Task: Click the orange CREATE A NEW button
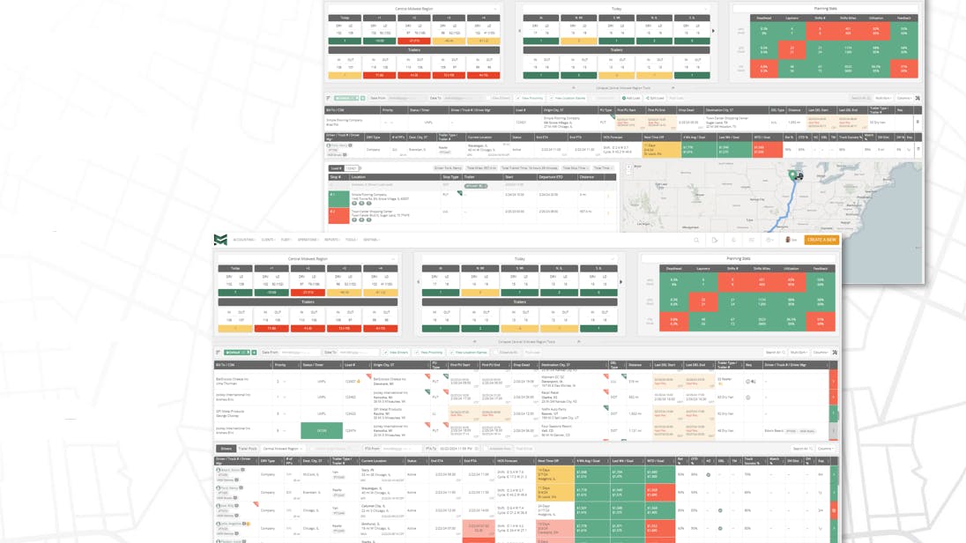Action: (x=821, y=240)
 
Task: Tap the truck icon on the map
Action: (x=799, y=176)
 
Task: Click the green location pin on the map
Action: (x=792, y=175)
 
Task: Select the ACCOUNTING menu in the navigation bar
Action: (x=244, y=240)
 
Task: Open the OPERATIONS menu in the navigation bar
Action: (x=308, y=240)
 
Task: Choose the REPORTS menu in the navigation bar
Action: (x=331, y=240)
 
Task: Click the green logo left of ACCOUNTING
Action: (x=220, y=240)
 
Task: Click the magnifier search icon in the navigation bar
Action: (x=696, y=240)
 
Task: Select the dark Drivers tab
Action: (x=226, y=449)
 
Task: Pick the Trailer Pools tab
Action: (x=248, y=449)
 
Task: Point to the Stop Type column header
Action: (x=451, y=177)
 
